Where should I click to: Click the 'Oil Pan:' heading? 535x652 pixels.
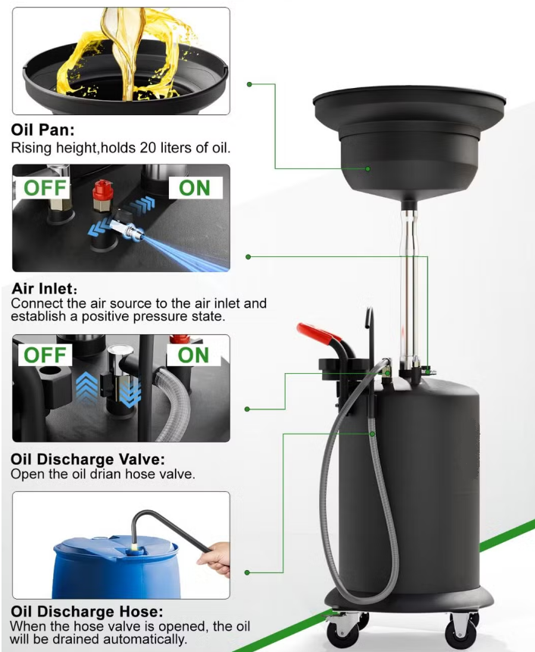(x=43, y=130)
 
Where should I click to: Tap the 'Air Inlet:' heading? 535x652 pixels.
(x=45, y=288)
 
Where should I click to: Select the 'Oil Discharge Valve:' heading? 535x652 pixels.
(x=88, y=459)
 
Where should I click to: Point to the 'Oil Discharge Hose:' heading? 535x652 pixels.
(x=87, y=611)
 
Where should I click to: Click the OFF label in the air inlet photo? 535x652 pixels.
(x=45, y=188)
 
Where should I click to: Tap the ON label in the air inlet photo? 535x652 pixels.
(x=195, y=188)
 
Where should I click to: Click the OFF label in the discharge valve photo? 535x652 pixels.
(x=45, y=355)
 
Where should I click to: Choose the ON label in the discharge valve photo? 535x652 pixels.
(x=193, y=355)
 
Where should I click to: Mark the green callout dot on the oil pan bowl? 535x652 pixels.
(x=368, y=168)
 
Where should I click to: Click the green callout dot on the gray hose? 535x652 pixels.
(x=373, y=434)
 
